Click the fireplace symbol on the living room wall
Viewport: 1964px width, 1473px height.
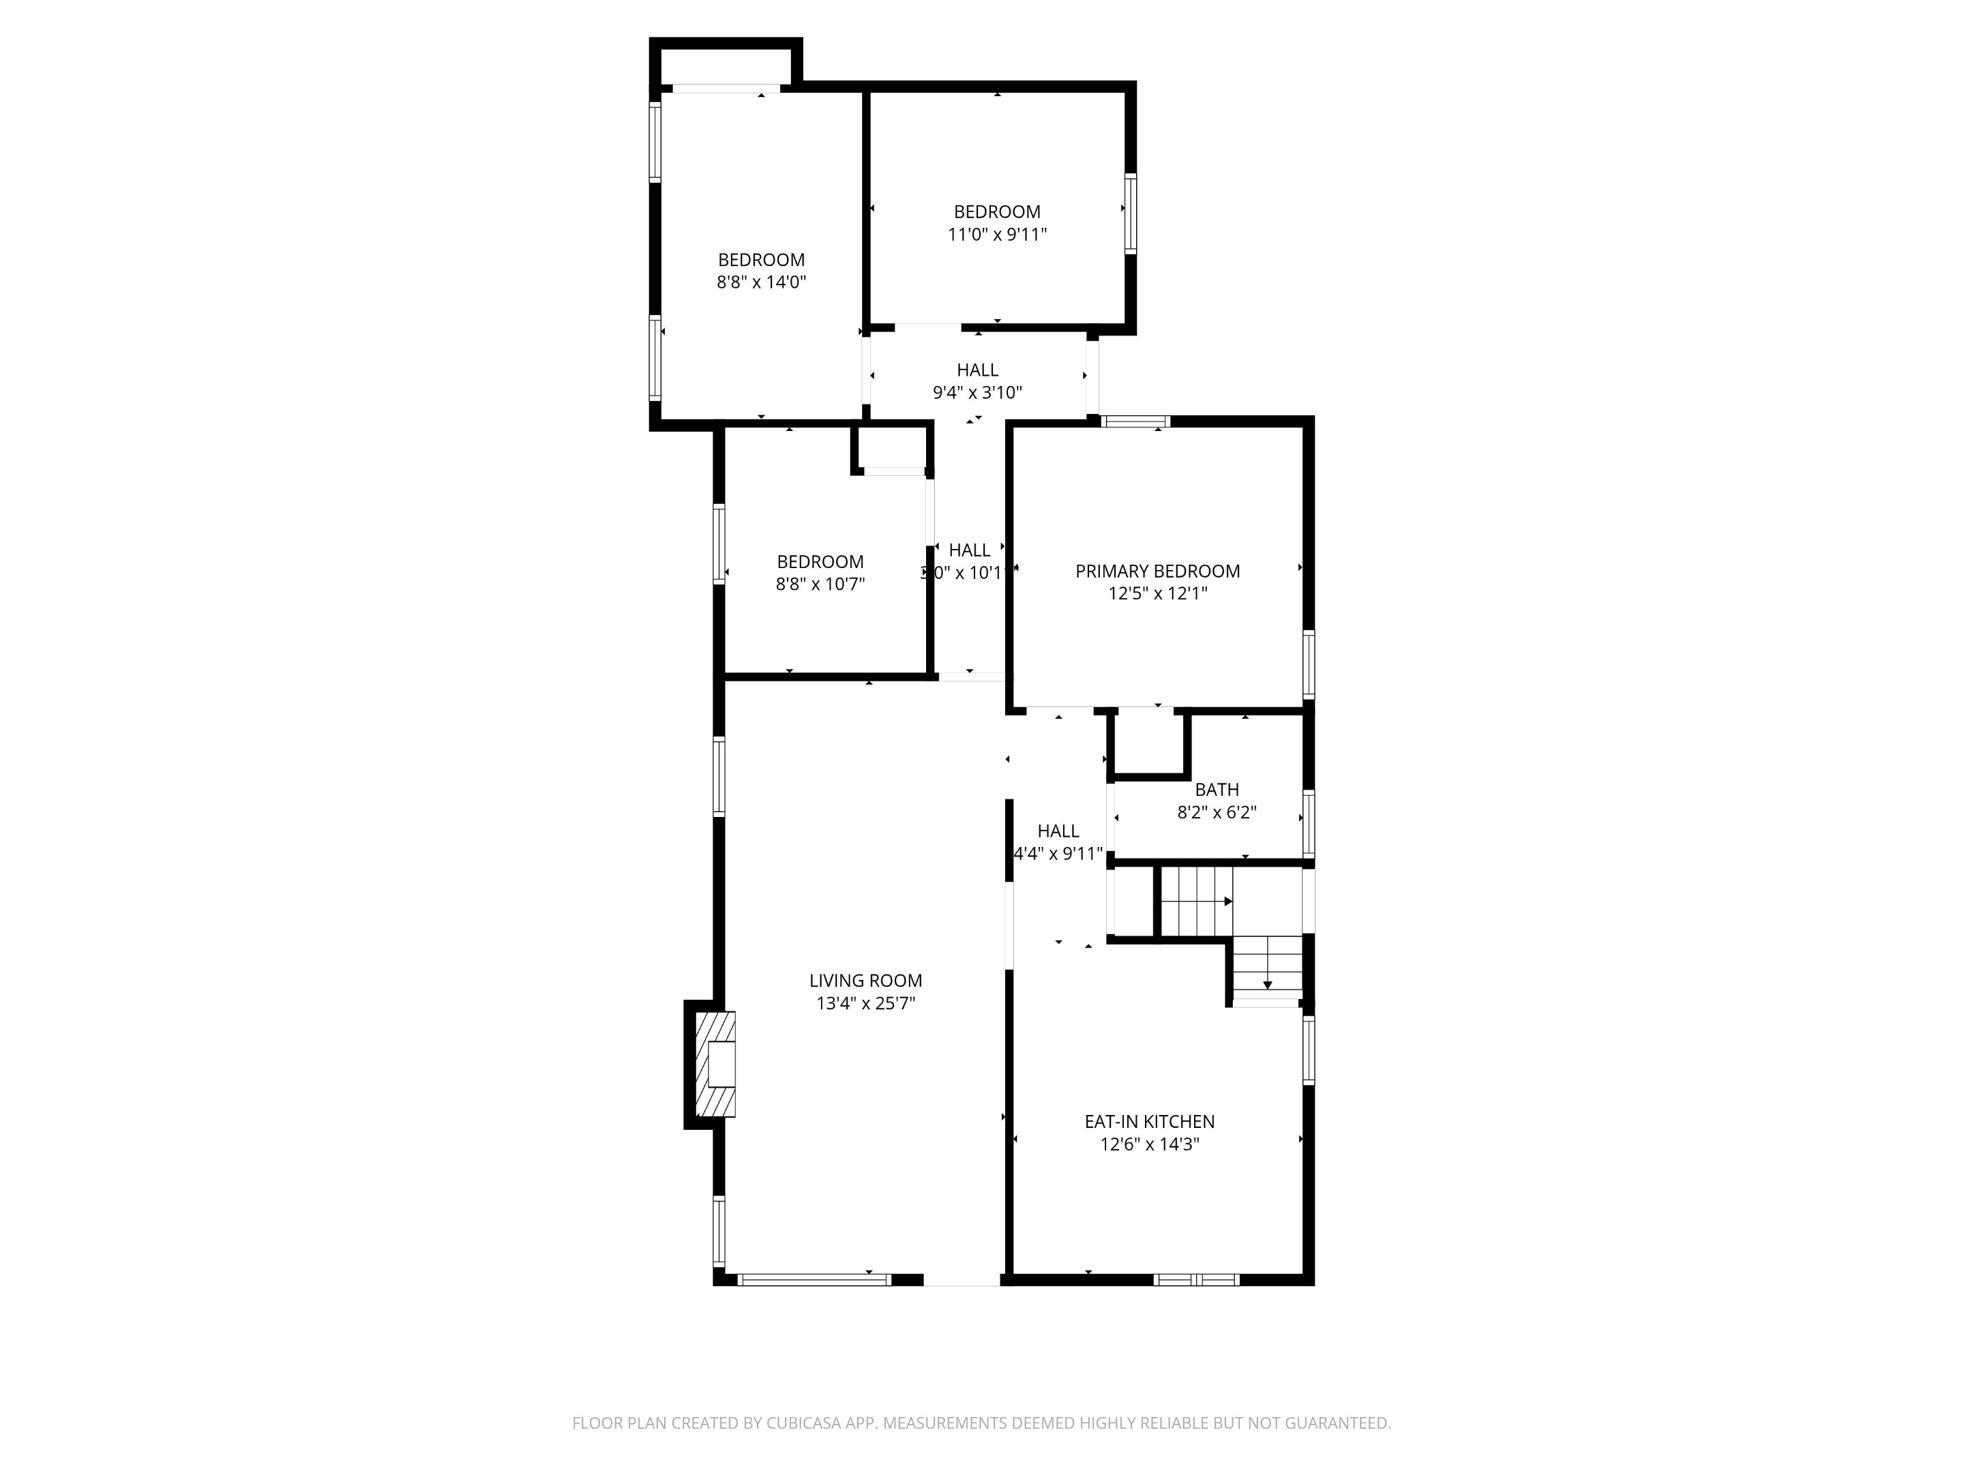point(715,1065)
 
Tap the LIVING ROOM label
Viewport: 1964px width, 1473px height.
point(865,980)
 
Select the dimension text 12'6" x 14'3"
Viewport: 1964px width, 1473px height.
point(1149,1144)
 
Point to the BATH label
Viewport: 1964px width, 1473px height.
point(1217,789)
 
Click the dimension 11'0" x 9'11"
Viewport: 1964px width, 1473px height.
point(997,235)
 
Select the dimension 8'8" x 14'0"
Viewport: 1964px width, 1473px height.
point(761,282)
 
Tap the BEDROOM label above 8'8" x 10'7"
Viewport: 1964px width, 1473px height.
point(820,561)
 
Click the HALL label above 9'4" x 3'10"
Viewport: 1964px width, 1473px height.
point(977,370)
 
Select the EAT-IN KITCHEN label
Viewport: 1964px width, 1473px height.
point(1149,1121)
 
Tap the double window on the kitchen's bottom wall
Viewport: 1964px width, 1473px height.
point(1196,1279)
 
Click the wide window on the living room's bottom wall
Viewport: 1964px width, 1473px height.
point(814,1279)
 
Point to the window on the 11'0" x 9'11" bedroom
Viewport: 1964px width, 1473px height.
point(1130,213)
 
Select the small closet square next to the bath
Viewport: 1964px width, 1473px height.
point(1149,744)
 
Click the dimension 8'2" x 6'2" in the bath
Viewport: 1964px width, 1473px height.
point(1217,812)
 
